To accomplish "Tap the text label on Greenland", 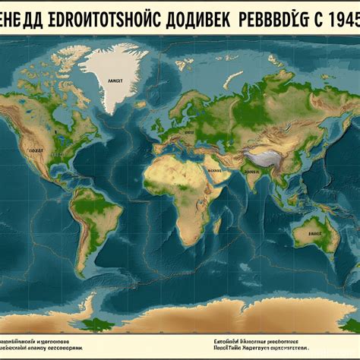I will click(x=115, y=79).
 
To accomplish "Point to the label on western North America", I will click(x=36, y=150).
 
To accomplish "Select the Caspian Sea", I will click(x=220, y=137).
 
